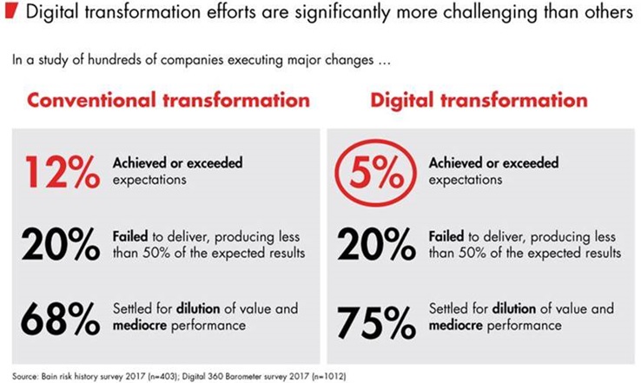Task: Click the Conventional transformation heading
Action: point(157,100)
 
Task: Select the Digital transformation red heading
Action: point(479,100)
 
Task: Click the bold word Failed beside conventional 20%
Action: point(128,237)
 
